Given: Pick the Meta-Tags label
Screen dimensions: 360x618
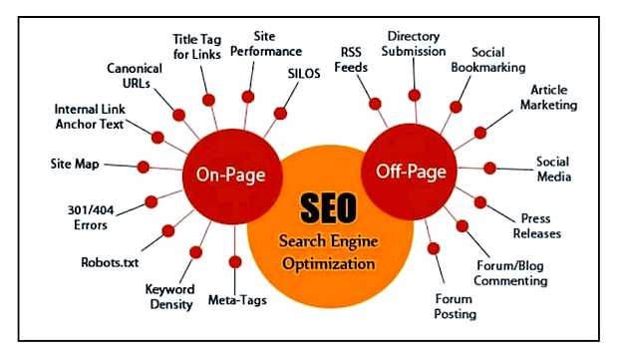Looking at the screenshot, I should (235, 299).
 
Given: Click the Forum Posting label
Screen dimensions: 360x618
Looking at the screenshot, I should (456, 306).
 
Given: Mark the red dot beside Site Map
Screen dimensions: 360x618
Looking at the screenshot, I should (144, 166).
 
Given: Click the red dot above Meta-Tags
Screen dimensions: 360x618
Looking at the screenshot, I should (235, 262).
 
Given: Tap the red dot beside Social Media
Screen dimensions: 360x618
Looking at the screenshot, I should (490, 167).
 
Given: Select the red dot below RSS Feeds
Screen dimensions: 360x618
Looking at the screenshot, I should (375, 103).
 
